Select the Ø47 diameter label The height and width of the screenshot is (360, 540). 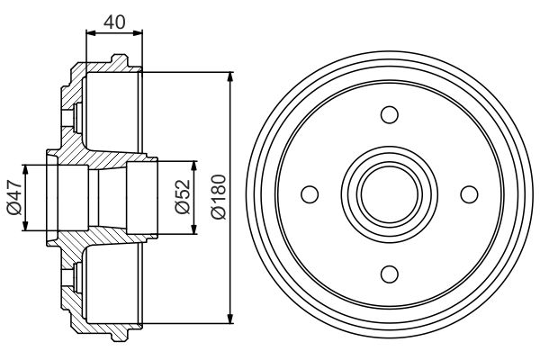click(x=12, y=196)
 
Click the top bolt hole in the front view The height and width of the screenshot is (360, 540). click(x=389, y=114)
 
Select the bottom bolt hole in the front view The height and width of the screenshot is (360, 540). click(x=389, y=274)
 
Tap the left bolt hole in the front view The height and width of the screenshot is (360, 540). click(x=310, y=194)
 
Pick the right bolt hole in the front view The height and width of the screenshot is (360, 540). click(x=468, y=194)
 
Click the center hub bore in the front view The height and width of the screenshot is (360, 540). click(x=389, y=194)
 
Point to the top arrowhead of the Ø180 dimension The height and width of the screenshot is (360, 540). click(x=231, y=76)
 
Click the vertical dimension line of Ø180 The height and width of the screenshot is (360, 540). click(x=231, y=135)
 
